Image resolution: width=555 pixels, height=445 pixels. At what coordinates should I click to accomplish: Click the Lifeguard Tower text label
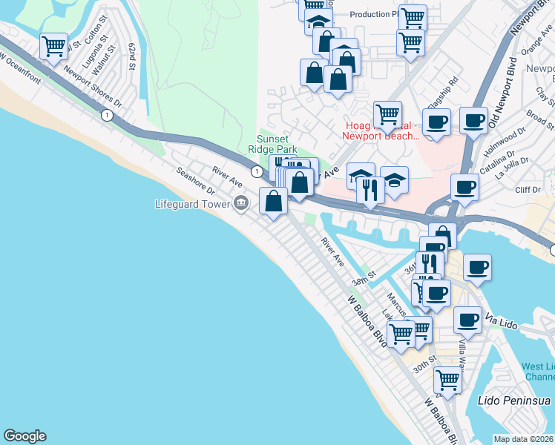click(x=192, y=203)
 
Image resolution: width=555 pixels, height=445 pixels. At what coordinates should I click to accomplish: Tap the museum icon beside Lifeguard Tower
click(x=241, y=202)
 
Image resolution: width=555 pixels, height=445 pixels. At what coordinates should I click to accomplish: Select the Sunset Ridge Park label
click(x=277, y=144)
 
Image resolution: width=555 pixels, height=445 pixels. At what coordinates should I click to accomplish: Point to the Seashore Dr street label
click(x=195, y=181)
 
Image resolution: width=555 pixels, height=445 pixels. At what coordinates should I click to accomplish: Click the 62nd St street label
click(x=133, y=56)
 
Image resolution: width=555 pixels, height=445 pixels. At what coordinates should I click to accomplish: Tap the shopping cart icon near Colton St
click(x=54, y=46)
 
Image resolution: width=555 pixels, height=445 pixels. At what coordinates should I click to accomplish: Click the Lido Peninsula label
click(x=515, y=400)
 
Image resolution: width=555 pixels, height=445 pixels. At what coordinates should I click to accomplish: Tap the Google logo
click(x=24, y=436)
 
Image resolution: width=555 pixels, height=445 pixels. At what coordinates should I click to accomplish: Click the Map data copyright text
click(x=523, y=439)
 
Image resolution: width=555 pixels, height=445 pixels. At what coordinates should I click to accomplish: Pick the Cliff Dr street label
click(x=527, y=190)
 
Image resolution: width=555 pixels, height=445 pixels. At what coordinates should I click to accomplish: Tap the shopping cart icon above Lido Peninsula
click(x=448, y=379)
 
